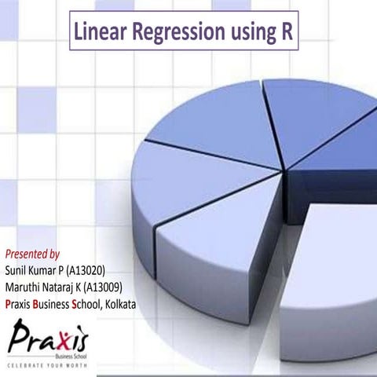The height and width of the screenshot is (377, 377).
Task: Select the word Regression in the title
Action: [x=175, y=32]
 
